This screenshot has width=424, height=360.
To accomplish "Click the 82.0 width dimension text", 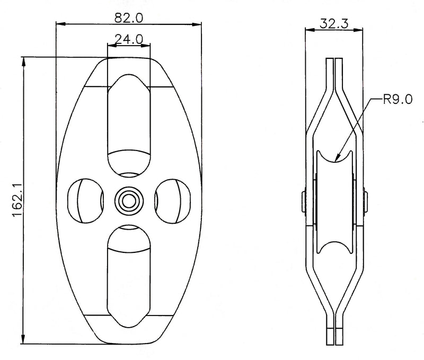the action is coord(128,18).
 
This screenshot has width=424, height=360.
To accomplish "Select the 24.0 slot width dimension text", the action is coord(129,39).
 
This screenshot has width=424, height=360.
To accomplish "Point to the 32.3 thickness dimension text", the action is coord(334,23).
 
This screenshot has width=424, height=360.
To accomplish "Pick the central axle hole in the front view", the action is coord(129,201).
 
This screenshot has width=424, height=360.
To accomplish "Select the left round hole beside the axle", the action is coord(85,201).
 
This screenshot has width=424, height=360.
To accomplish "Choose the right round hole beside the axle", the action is coord(172,201).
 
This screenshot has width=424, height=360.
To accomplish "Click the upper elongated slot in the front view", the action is coord(129,126).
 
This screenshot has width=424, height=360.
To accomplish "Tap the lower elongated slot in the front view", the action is coord(129,276).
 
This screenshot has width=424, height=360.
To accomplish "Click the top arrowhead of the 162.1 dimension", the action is coord(23,62).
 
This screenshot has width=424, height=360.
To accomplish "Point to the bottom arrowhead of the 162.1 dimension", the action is coord(23,339).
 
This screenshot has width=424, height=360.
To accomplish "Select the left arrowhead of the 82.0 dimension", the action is coord(60,24).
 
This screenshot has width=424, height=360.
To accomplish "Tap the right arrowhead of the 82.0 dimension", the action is coord(197,24).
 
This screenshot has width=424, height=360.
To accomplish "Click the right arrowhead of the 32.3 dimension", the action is coord(358,30).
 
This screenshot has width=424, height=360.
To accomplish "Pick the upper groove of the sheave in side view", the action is coord(334,156).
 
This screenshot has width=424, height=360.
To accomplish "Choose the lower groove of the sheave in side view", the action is coord(334,248).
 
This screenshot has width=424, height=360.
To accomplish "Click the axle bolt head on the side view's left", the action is coord(304,201).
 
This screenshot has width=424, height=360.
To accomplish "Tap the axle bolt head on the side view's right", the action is coord(366,201).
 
